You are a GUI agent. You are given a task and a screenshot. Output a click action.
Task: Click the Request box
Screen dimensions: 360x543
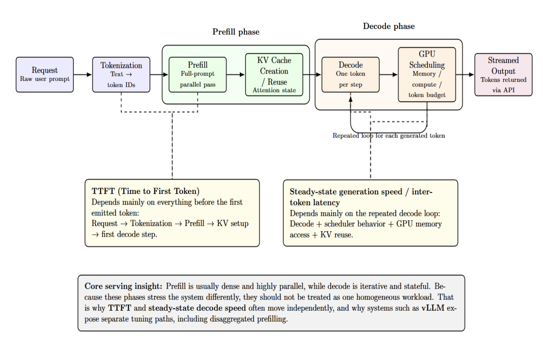point(45,75)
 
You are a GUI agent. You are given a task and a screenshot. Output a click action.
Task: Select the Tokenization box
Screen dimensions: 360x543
point(121,75)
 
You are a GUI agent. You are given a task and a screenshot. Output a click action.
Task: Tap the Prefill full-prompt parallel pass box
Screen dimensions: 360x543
point(197,75)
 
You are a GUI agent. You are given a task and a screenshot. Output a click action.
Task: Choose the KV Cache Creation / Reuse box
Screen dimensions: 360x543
point(274,75)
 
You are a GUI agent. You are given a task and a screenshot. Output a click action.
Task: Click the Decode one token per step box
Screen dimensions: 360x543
point(351,75)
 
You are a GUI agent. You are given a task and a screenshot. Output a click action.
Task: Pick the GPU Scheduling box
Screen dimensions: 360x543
point(427,75)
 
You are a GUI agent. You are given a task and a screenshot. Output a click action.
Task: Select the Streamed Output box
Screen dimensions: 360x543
point(503,75)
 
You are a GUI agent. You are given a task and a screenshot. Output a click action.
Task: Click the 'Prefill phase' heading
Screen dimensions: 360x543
point(236,32)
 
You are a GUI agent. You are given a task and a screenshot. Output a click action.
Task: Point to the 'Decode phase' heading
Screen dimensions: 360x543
point(389,26)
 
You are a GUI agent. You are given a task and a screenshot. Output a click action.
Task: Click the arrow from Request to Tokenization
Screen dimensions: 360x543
point(83,75)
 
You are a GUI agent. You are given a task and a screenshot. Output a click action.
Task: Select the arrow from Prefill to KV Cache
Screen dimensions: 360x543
point(236,75)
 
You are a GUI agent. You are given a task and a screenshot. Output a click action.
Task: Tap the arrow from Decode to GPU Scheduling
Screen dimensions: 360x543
point(388,75)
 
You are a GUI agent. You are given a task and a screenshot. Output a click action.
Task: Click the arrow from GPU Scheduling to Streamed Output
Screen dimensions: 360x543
point(465,75)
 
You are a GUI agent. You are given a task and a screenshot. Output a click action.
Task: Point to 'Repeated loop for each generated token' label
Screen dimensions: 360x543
point(389,136)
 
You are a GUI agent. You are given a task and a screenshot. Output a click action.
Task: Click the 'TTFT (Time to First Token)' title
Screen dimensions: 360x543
point(145,191)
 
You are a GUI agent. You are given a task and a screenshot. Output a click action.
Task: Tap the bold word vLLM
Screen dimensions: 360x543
point(433,308)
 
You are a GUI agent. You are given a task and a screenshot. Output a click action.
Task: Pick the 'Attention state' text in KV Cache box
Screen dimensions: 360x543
point(274,90)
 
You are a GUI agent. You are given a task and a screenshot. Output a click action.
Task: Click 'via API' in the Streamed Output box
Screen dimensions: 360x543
point(503,90)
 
